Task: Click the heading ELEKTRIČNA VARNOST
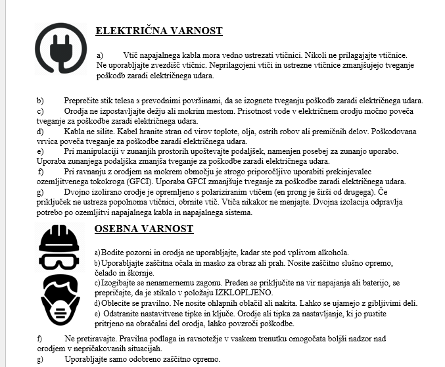tap(158, 31)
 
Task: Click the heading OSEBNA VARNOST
tap(145, 229)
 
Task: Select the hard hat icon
tap(59, 240)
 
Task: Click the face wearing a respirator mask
tap(60, 299)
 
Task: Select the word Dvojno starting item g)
tap(78, 192)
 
